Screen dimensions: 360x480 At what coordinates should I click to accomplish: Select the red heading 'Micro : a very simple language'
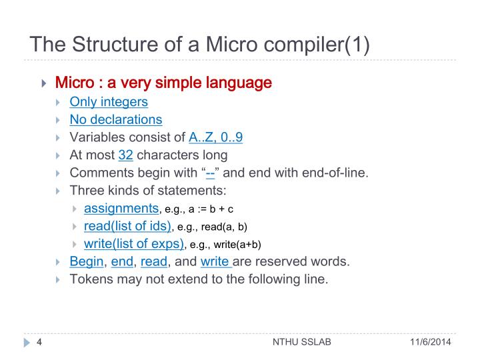pyautogui.click(x=163, y=83)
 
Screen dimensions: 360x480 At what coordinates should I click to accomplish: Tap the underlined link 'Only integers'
pyautogui.click(x=109, y=102)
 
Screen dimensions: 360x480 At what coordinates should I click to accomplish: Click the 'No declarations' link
pyautogui.click(x=116, y=120)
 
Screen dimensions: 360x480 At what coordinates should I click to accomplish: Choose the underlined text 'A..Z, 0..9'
pyautogui.click(x=215, y=138)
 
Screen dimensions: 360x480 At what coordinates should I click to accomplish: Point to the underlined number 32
pyautogui.click(x=126, y=155)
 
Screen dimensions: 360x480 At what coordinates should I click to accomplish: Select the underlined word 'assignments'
pyautogui.click(x=121, y=208)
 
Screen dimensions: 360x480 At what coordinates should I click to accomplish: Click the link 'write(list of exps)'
pyautogui.click(x=133, y=243)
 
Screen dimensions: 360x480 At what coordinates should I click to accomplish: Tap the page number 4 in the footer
pyautogui.click(x=39, y=343)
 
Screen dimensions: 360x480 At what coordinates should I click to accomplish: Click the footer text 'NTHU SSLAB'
pyautogui.click(x=302, y=343)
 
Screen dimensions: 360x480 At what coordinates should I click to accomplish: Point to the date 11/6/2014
pyautogui.click(x=430, y=343)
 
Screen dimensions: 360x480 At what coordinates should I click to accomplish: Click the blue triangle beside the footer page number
pyautogui.click(x=27, y=343)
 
